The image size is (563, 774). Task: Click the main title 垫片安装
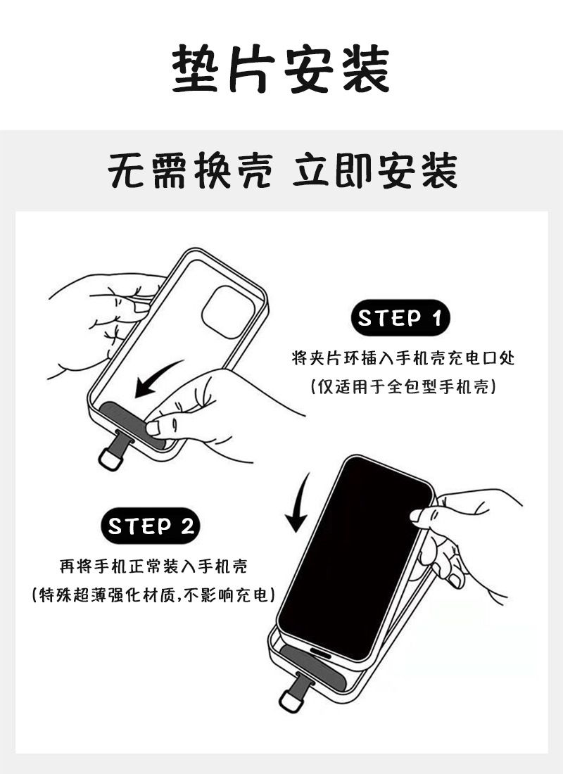pos(281,69)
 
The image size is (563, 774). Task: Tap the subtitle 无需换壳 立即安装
pos(282,171)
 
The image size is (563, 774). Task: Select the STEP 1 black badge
pos(400,318)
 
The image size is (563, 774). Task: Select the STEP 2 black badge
pos(151,526)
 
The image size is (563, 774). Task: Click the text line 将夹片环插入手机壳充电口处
pos(403,358)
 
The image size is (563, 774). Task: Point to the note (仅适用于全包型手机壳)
pos(403,386)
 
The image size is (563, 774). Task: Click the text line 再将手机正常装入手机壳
pos(153,566)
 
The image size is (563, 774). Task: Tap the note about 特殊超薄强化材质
pos(153,595)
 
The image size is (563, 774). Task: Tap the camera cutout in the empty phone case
pos(229,312)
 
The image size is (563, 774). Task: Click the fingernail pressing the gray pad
pos(153,428)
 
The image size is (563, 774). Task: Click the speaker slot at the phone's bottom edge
pos(321,652)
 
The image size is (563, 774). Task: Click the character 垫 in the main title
pos(195,69)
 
